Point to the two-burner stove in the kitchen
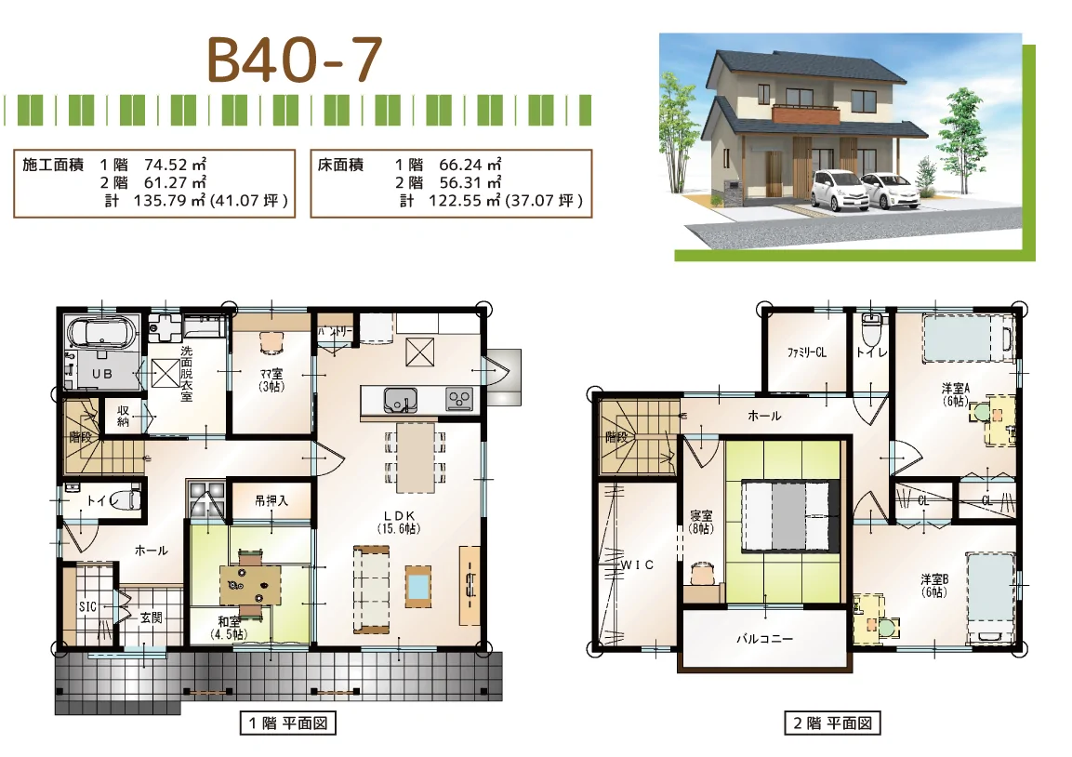tap(459, 399)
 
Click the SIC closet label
tap(87, 606)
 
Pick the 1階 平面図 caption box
tap(285, 723)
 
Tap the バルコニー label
tap(764, 640)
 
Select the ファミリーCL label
tap(806, 353)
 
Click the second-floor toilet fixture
tap(871, 331)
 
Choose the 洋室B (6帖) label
tap(933, 584)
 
